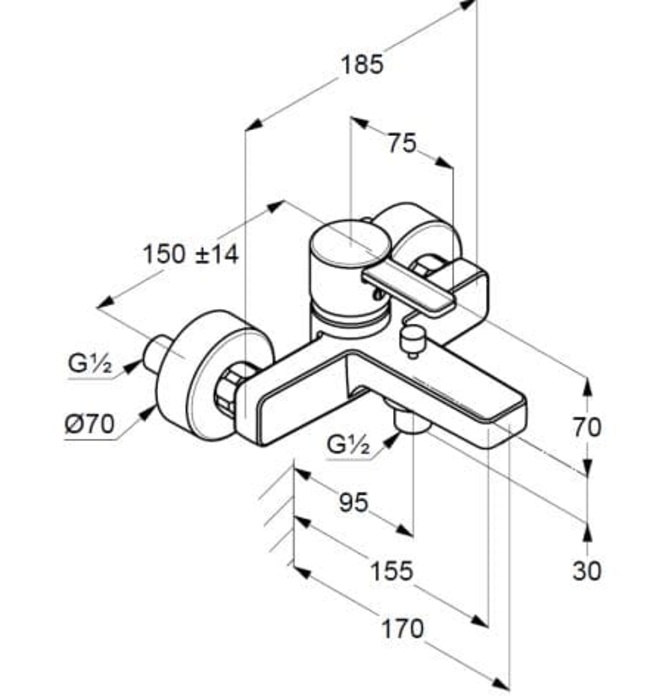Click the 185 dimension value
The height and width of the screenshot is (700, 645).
(x=361, y=65)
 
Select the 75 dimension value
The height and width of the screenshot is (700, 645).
(x=401, y=144)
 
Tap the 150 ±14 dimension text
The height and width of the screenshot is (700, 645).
(x=190, y=254)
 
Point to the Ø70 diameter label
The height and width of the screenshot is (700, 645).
(x=88, y=424)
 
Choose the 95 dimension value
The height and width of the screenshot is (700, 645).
(x=352, y=502)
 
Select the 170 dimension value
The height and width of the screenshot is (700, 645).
(x=402, y=629)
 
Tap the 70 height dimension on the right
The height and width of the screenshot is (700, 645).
(x=586, y=427)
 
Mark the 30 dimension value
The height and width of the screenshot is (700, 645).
(x=587, y=570)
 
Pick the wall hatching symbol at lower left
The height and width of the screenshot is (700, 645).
(x=275, y=515)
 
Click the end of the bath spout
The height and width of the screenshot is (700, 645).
(x=510, y=415)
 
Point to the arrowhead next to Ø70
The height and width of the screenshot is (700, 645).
(x=150, y=410)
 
